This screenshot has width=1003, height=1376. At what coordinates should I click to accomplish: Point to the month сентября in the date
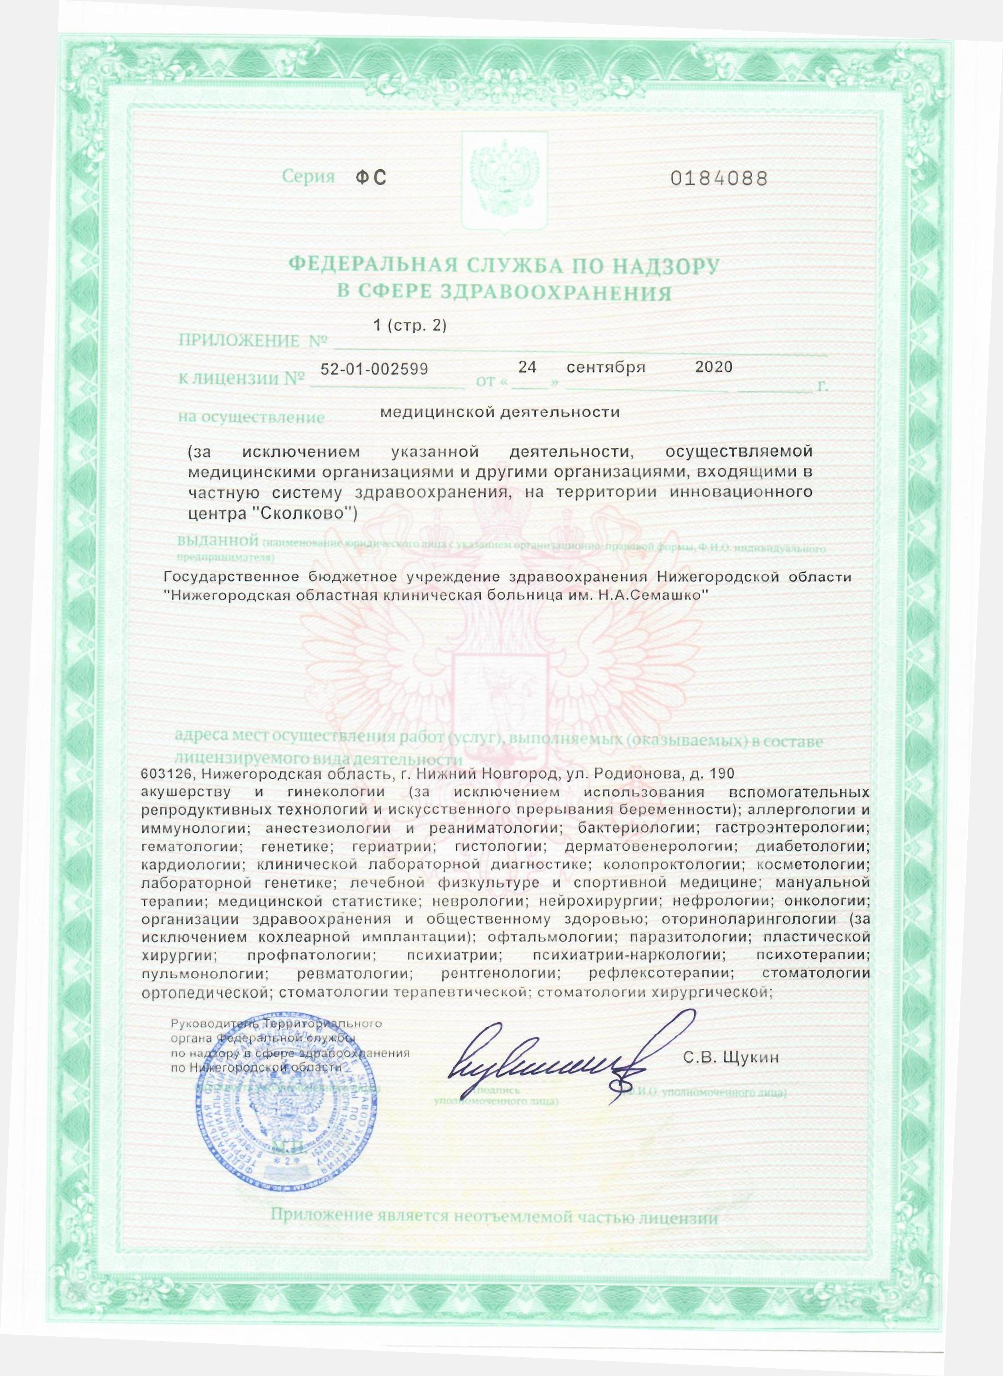[605, 367]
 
